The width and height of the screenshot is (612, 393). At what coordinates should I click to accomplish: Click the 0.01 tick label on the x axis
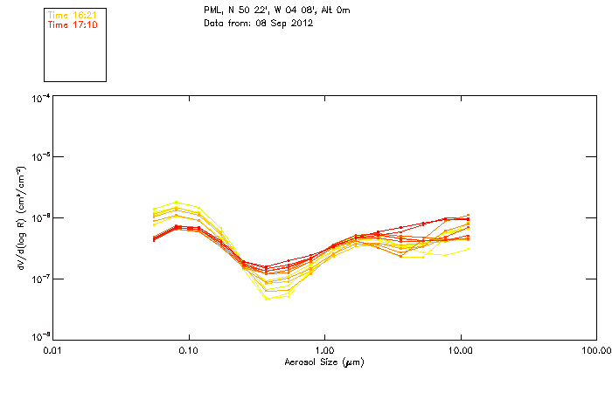click(x=53, y=350)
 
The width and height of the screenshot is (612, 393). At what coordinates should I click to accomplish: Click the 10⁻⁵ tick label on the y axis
click(x=40, y=157)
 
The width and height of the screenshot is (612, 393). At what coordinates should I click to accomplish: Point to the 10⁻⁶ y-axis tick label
click(x=40, y=217)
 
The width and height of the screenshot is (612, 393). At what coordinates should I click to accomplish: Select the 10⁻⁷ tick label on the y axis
click(x=40, y=278)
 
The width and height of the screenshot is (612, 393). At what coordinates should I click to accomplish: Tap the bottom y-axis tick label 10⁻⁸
click(x=40, y=337)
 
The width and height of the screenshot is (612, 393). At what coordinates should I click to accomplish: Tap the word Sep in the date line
click(x=276, y=22)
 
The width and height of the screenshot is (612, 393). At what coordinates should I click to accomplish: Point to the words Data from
click(x=224, y=22)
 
